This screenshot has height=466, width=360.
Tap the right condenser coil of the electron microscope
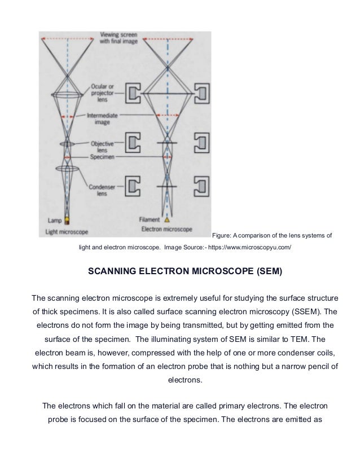click(x=202, y=187)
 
